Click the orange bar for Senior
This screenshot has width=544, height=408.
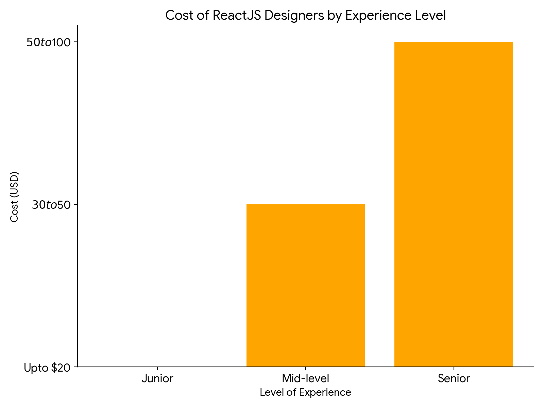pyautogui.click(x=454, y=204)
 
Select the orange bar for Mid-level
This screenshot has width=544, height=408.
pyautogui.click(x=305, y=286)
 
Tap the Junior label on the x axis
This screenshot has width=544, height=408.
pyautogui.click(x=157, y=378)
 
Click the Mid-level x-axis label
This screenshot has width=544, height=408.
pyautogui.click(x=305, y=378)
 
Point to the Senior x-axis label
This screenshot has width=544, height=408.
pyautogui.click(x=454, y=378)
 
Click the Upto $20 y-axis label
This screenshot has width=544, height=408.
pyautogui.click(x=47, y=368)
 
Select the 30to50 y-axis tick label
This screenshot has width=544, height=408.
pyautogui.click(x=51, y=205)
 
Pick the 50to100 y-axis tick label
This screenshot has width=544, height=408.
pyautogui.click(x=48, y=42)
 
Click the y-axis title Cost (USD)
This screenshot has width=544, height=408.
pyautogui.click(x=14, y=197)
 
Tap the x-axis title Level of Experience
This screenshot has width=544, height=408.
pyautogui.click(x=305, y=392)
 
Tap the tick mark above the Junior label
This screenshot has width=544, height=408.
pyautogui.click(x=157, y=369)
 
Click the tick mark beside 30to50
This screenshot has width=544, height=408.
pyautogui.click(x=76, y=204)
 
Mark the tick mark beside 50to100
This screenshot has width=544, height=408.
pyautogui.click(x=76, y=42)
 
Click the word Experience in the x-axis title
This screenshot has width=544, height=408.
pyautogui.click(x=328, y=392)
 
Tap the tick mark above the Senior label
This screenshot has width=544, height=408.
pyautogui.click(x=454, y=369)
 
